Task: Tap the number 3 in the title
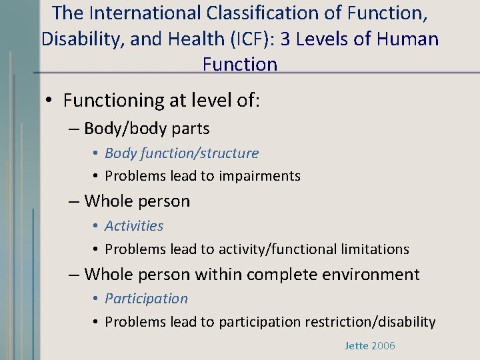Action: pyautogui.click(x=285, y=39)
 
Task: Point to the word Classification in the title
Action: pyautogui.click(x=257, y=13)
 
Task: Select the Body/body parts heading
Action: pyautogui.click(x=147, y=129)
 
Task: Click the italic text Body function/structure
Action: pyautogui.click(x=181, y=153)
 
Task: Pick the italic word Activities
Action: pyautogui.click(x=133, y=226)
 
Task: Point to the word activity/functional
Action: pyautogui.click(x=277, y=249)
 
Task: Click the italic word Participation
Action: pyautogui.click(x=146, y=299)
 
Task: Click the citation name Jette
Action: pyautogui.click(x=357, y=346)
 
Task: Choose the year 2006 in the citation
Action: pyautogui.click(x=383, y=346)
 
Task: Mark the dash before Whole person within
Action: pyautogui.click(x=74, y=274)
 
